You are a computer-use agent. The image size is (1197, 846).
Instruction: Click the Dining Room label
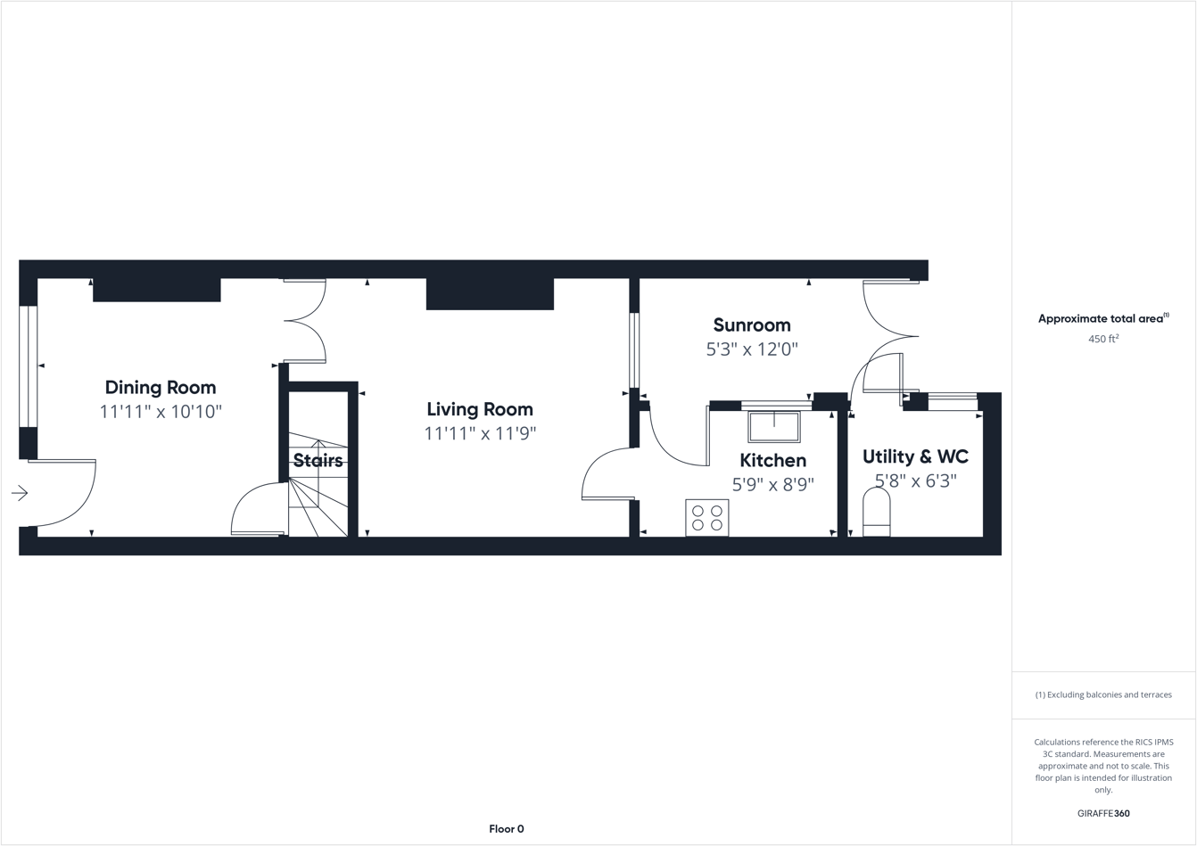point(161,388)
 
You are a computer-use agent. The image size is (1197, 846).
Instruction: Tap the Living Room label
point(480,409)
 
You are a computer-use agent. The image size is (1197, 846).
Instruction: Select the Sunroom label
point(752,325)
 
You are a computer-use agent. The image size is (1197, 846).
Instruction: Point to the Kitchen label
point(772,461)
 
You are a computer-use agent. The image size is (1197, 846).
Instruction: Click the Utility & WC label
point(915,456)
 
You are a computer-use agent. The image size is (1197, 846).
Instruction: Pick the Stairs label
point(318,461)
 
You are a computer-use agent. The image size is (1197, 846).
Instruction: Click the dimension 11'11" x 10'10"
point(161,412)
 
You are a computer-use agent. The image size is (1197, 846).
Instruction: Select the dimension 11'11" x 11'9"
point(480,434)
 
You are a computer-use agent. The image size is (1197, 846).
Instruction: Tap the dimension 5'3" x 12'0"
point(752,349)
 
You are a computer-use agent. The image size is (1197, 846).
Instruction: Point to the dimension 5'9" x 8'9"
point(772,485)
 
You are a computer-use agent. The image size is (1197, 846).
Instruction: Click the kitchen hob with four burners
point(707,518)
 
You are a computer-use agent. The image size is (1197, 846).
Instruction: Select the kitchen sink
point(773,427)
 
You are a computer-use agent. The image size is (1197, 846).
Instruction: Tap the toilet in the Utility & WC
point(876,513)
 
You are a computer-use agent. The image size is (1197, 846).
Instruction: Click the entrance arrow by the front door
point(20,493)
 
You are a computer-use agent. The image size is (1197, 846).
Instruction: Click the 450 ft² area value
point(1103,339)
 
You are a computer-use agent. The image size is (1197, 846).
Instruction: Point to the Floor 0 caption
point(507,829)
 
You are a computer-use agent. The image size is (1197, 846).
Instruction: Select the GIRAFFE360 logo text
point(1103,813)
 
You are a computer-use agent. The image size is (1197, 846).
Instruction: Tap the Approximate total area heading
point(1102,318)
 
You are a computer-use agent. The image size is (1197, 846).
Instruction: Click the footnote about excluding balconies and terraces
point(1103,694)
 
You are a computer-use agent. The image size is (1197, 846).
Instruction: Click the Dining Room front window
point(29,366)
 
